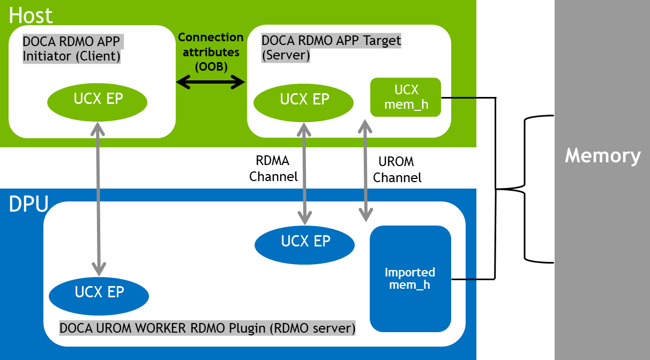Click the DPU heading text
coord(28,204)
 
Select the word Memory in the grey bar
coord(602,155)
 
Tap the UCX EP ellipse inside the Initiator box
coord(98,100)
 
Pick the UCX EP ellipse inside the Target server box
coord(304,100)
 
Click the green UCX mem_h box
coord(405,97)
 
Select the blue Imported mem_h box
coord(410,279)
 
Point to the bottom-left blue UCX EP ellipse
coord(99,292)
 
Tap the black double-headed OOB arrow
coord(211,82)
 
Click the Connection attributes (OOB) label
coord(211,52)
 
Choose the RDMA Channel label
coord(273,168)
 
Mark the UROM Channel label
coord(397,169)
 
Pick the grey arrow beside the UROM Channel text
coord(365,170)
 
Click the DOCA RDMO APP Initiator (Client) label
coord(72,49)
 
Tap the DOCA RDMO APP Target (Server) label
coord(331,48)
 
